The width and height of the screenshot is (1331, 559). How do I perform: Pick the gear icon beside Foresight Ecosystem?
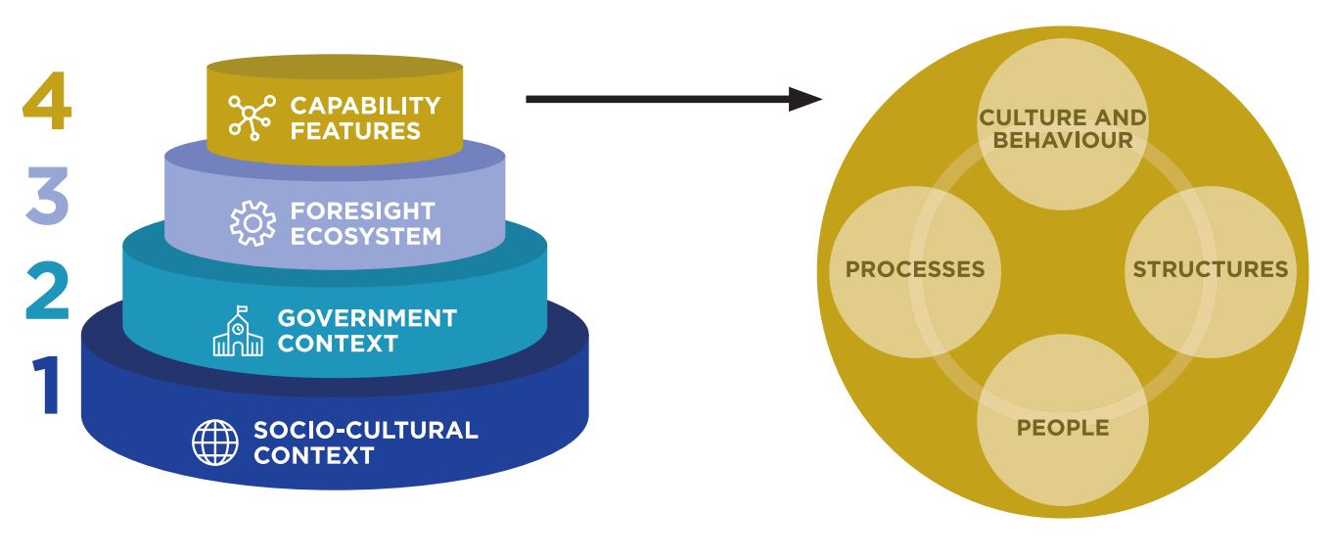pyautogui.click(x=252, y=223)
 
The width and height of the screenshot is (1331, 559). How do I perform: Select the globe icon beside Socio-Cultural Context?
pyautogui.click(x=214, y=443)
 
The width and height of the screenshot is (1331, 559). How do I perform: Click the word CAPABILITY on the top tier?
pyautogui.click(x=365, y=105)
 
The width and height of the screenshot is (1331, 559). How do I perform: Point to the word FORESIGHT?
pyautogui.click(x=362, y=211)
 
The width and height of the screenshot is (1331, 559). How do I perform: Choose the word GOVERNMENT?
pyautogui.click(x=367, y=318)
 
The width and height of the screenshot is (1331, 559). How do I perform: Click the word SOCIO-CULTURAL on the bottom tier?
pyautogui.click(x=365, y=430)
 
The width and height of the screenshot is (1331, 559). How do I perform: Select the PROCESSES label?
pyautogui.click(x=915, y=269)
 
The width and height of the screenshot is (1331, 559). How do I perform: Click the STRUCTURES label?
pyautogui.click(x=1211, y=269)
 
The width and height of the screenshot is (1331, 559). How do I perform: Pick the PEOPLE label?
pyautogui.click(x=1063, y=428)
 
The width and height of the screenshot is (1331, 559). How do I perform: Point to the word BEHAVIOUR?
pyautogui.click(x=1063, y=140)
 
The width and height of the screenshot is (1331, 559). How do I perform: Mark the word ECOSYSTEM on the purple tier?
pyautogui.click(x=365, y=237)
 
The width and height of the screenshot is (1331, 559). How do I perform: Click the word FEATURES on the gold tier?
pyautogui.click(x=355, y=130)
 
